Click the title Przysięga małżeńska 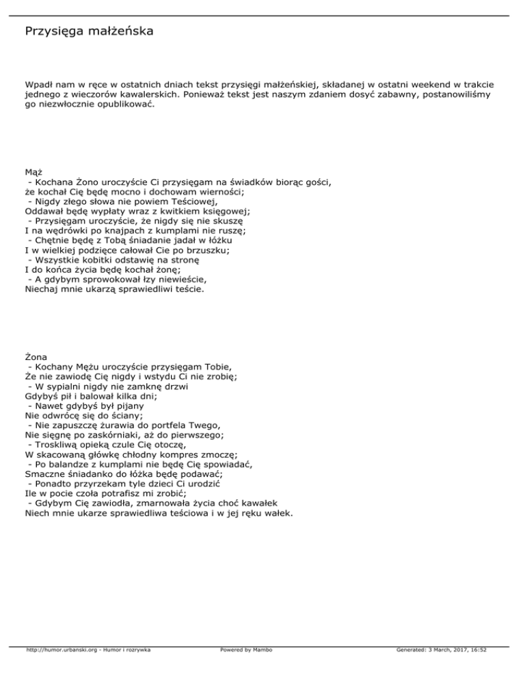coord(89,31)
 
